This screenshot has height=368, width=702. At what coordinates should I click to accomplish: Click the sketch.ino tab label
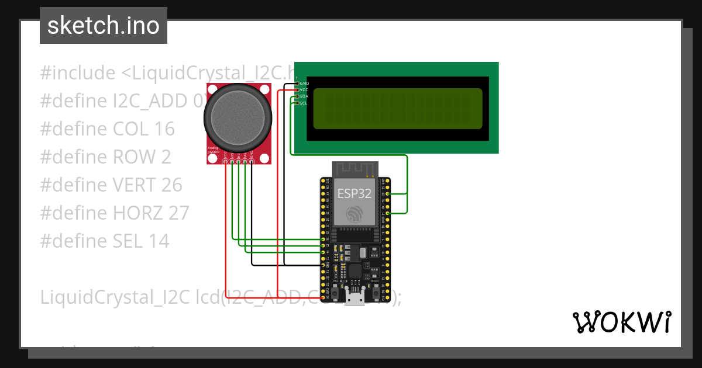point(103,26)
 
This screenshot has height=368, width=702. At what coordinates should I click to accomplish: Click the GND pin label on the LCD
point(304,84)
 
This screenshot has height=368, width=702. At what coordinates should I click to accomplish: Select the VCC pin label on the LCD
point(304,90)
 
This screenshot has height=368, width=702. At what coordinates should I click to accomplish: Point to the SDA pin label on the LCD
point(304,96)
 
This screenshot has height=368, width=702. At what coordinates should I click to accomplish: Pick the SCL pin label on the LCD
point(304,103)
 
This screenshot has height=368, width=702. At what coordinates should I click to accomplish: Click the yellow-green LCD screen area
point(397,109)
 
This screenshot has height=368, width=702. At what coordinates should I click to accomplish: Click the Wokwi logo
point(621,322)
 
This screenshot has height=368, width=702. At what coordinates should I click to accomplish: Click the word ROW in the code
point(133,157)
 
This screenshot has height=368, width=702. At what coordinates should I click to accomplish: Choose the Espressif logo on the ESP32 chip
point(354,214)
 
